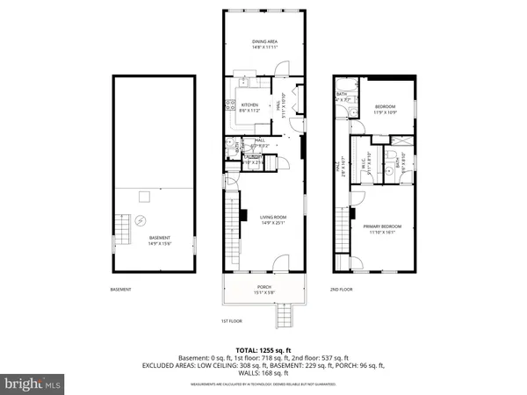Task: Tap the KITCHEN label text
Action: (x=250, y=104)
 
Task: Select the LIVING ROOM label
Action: (x=273, y=217)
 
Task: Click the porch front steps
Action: (x=282, y=313)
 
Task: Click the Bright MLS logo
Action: (x=33, y=383)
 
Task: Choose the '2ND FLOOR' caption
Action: (x=342, y=289)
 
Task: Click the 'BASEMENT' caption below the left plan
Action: (x=120, y=290)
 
